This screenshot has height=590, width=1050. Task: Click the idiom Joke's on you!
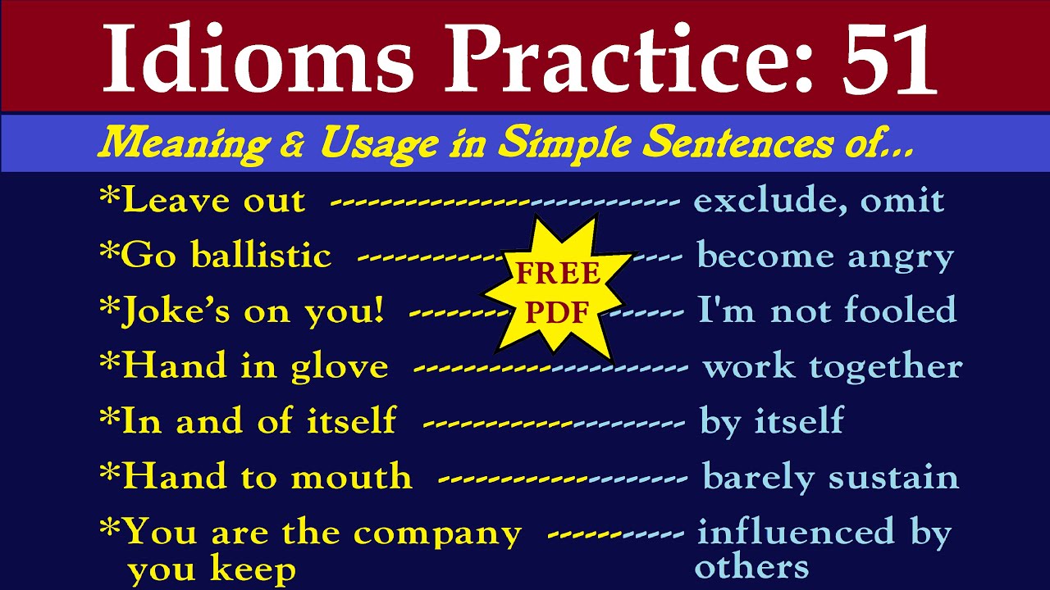click(x=241, y=311)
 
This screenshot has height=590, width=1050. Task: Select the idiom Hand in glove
click(x=244, y=366)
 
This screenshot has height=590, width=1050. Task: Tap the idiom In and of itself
click(x=247, y=421)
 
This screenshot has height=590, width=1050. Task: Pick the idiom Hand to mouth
click(x=255, y=477)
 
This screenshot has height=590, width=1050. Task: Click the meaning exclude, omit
click(x=819, y=202)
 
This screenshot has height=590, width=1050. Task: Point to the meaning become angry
click(x=824, y=256)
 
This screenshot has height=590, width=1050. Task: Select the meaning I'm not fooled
click(x=827, y=311)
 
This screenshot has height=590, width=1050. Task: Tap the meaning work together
click(x=832, y=366)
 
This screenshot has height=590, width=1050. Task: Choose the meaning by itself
click(x=771, y=421)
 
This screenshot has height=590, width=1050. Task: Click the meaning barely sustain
click(x=830, y=477)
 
